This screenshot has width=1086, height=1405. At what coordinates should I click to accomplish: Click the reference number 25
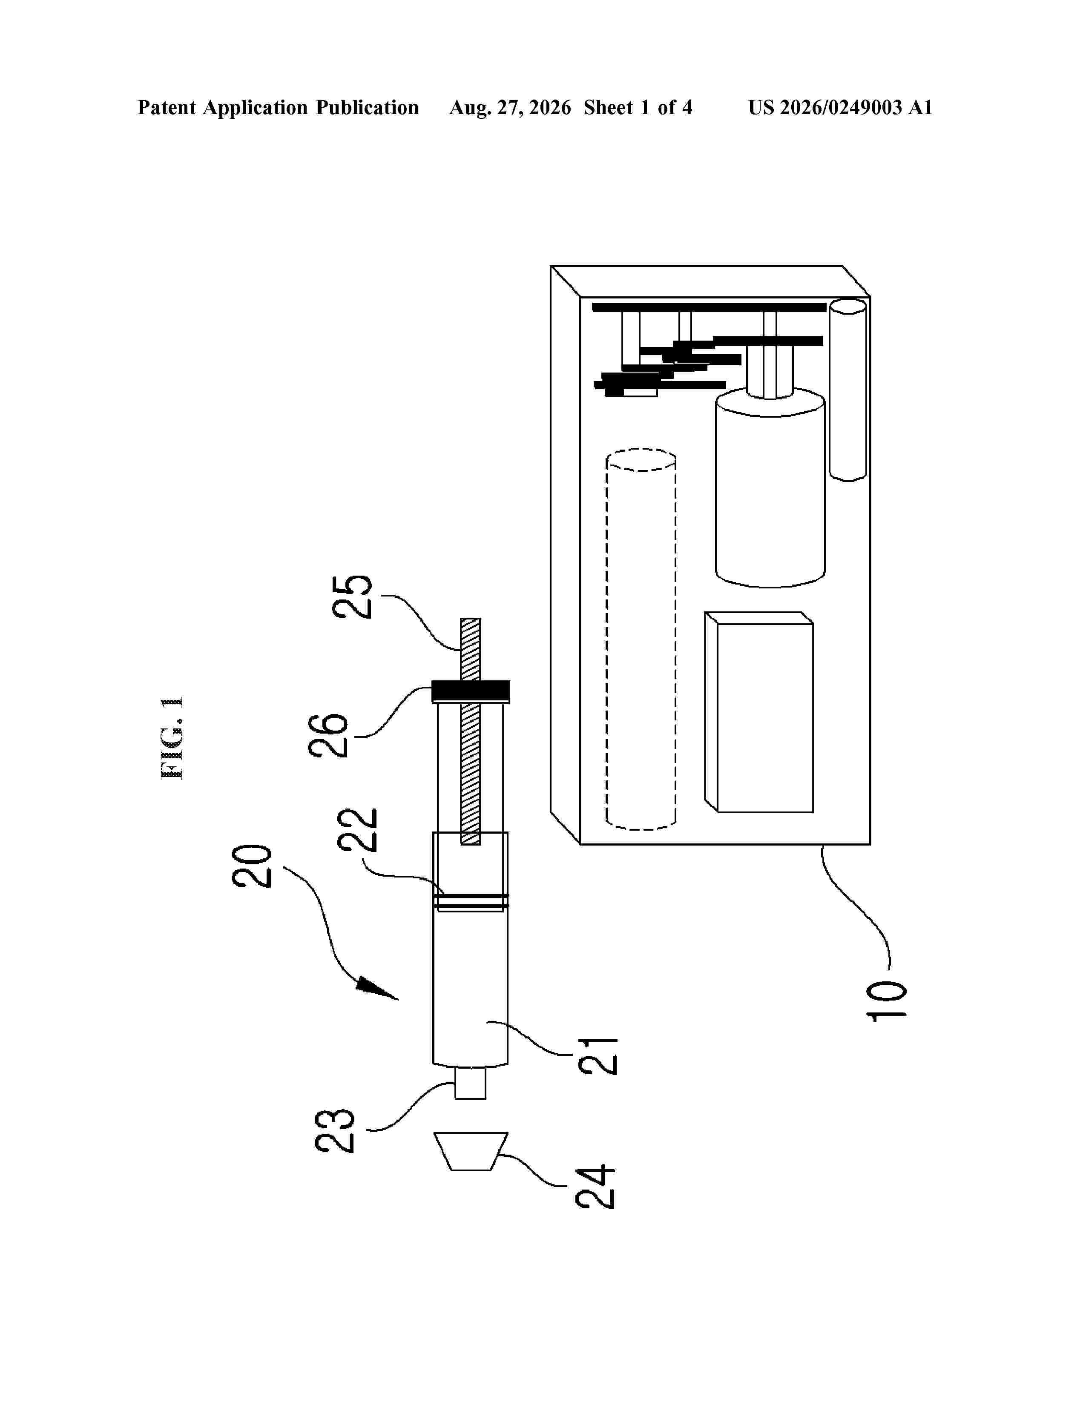click(x=352, y=596)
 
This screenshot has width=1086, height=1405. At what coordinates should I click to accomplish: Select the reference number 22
click(x=358, y=830)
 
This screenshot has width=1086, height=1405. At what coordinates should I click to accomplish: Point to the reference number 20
click(x=252, y=866)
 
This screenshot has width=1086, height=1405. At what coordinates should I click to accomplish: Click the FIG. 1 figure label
click(x=171, y=738)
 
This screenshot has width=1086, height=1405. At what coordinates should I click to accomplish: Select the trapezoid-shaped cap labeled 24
click(x=471, y=1152)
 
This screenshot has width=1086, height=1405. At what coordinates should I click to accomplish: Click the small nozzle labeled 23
click(x=470, y=1084)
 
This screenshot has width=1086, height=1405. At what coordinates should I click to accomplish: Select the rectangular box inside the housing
click(x=759, y=712)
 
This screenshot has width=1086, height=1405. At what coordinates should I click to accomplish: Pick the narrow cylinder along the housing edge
click(x=848, y=390)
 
